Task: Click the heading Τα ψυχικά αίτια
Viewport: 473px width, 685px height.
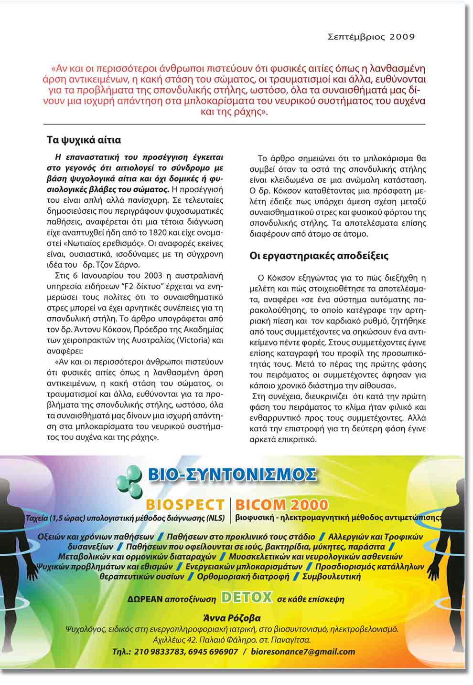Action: tap(84, 140)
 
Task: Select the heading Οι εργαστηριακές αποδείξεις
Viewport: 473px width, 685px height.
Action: tap(319, 256)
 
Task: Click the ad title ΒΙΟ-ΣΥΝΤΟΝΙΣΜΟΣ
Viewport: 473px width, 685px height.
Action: tap(232, 475)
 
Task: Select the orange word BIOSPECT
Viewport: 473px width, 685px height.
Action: tap(185, 505)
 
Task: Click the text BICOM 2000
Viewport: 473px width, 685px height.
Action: tap(282, 505)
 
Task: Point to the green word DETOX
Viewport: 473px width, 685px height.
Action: tap(247, 597)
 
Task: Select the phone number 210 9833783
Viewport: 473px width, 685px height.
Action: tap(161, 652)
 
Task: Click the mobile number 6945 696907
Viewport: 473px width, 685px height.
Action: tap(213, 652)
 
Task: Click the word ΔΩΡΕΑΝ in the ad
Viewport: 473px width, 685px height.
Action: tap(145, 599)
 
